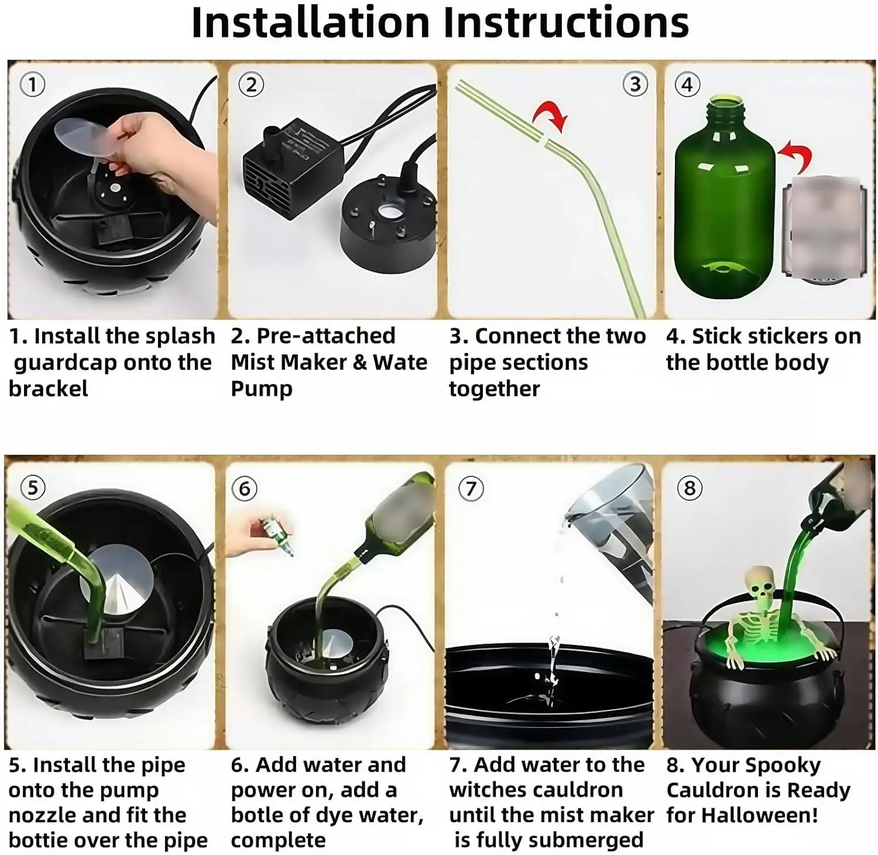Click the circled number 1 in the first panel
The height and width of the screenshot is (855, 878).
(32, 85)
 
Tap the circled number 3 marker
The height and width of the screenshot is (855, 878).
(635, 84)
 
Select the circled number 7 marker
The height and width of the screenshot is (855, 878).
(471, 488)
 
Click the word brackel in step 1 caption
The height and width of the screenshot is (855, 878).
(48, 389)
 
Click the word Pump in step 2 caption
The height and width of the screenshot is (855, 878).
(261, 389)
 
